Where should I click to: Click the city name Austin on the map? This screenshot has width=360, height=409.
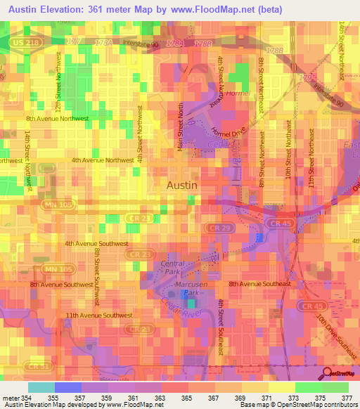click(182, 185)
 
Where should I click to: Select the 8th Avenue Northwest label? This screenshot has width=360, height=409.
click(58, 119)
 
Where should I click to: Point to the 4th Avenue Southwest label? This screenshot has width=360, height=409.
click(96, 243)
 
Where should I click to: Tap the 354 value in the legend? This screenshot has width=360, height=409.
click(27, 397)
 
